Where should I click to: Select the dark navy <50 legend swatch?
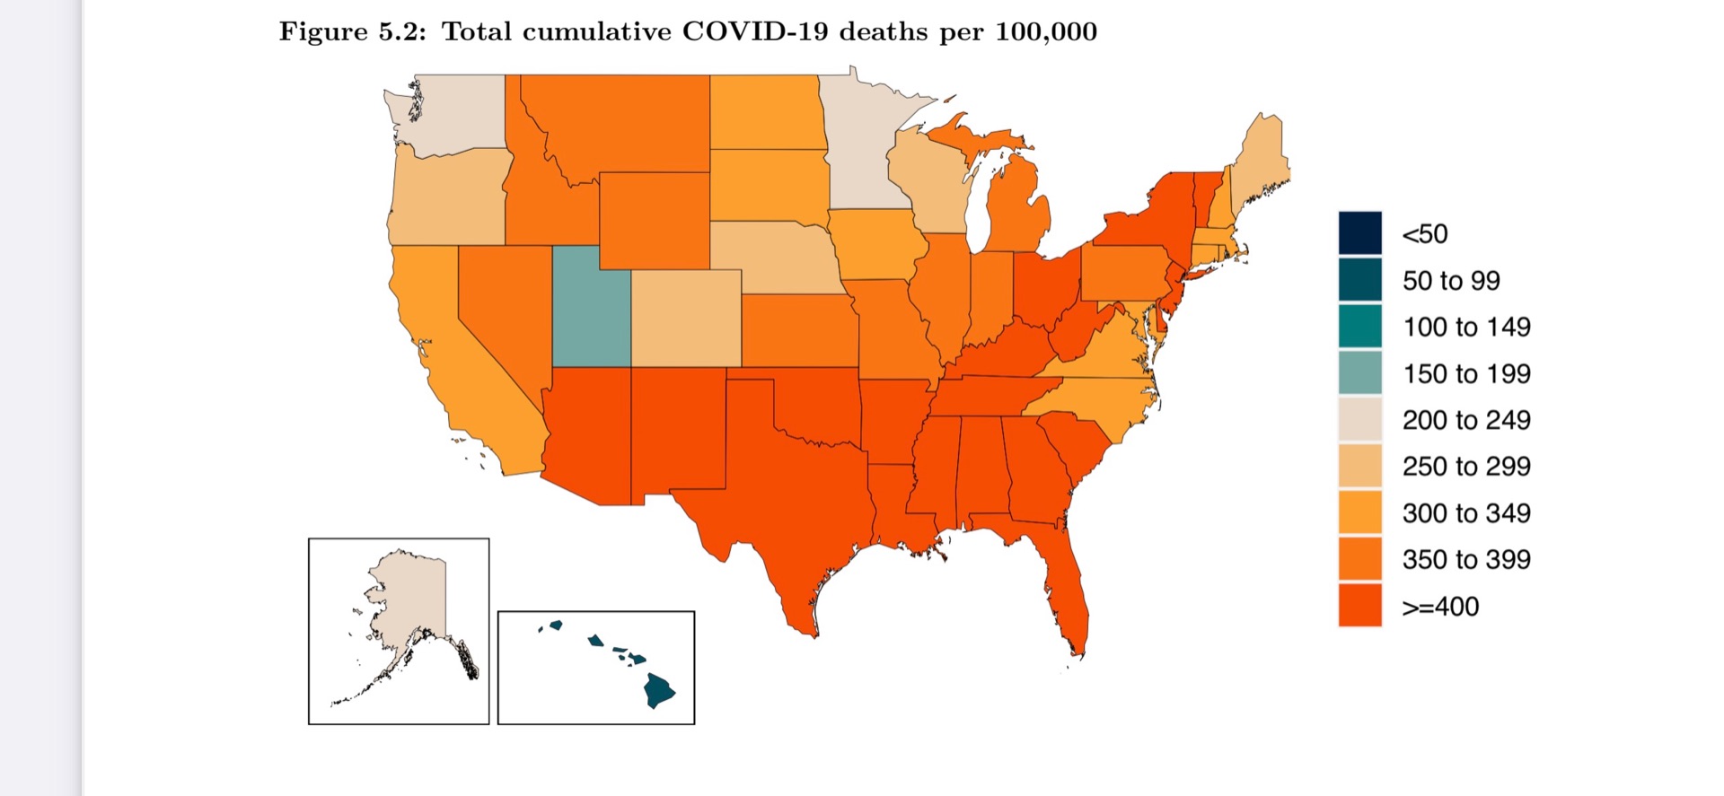coord(1359,233)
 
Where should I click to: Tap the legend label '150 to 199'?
coord(1466,373)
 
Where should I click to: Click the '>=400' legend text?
coord(1440,607)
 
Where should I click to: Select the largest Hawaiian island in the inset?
coord(659,690)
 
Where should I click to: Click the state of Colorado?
coord(686,318)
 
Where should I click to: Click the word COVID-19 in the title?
coord(754,31)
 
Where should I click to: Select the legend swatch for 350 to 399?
coord(1359,559)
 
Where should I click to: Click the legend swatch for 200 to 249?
coord(1359,420)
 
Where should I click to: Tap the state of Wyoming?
coord(654,220)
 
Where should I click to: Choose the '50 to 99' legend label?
coord(1451,281)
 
